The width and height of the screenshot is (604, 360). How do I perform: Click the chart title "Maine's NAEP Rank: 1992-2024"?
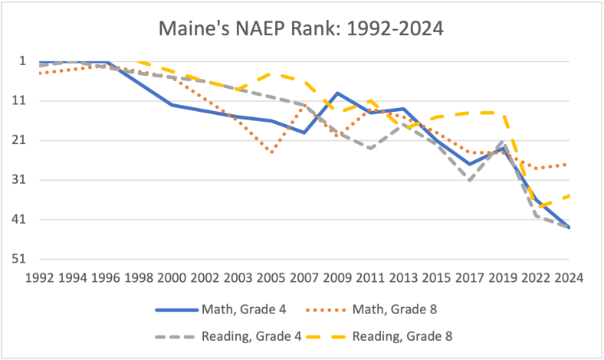[x=301, y=29]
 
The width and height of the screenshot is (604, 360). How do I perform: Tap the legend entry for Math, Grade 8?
[x=395, y=310]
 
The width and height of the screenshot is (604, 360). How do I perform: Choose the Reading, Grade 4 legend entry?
[x=251, y=335]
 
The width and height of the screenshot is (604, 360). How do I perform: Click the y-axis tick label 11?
[x=18, y=101]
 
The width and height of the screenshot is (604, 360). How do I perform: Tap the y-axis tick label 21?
[x=18, y=141]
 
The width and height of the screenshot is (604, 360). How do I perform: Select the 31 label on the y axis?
[x=18, y=181]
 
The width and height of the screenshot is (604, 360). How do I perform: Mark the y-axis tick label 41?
[x=18, y=221]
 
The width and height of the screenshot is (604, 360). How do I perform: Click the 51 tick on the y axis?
[x=18, y=260]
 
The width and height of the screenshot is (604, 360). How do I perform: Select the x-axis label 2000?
[x=172, y=277]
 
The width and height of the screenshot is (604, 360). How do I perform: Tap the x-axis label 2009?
[x=337, y=277]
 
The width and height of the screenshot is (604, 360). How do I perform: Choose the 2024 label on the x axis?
[x=569, y=277]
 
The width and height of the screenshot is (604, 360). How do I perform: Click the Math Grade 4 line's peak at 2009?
[x=337, y=93]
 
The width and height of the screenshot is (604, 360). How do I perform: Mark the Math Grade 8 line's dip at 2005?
[x=271, y=152]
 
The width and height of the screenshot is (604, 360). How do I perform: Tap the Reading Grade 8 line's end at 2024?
[x=569, y=195]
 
